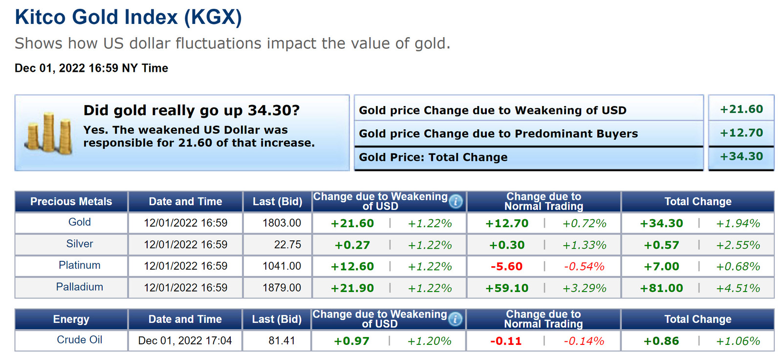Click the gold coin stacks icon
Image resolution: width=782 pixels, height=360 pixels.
tap(48, 133)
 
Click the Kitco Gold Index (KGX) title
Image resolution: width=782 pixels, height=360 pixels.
tap(129, 17)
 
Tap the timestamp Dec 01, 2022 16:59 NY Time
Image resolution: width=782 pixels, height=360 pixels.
tap(91, 68)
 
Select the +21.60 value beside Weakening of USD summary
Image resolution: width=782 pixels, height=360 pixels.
tap(741, 109)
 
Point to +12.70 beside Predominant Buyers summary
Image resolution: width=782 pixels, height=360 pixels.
tap(741, 133)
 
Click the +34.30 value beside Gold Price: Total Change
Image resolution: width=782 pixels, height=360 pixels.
tap(741, 156)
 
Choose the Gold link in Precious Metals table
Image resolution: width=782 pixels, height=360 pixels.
tap(79, 222)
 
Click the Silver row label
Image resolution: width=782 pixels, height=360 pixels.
tap(79, 244)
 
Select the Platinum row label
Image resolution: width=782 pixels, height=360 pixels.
tap(79, 265)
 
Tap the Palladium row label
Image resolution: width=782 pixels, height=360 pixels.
tap(79, 287)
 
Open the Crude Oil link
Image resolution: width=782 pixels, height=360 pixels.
tap(79, 340)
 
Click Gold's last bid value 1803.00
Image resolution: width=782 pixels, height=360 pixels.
tap(282, 223)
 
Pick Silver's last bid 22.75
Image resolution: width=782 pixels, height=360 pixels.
tap(287, 245)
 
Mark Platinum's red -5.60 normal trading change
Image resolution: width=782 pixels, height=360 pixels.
tap(506, 267)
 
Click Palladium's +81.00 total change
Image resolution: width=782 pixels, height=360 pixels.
tap(661, 288)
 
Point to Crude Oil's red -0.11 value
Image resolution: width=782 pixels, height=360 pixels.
tap(506, 341)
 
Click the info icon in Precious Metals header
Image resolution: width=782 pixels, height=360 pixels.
tap(456, 201)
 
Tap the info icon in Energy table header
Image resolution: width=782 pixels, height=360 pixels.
tap(455, 319)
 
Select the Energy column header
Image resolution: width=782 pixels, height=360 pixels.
tap(71, 319)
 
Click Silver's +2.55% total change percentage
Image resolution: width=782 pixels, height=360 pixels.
tap(738, 245)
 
